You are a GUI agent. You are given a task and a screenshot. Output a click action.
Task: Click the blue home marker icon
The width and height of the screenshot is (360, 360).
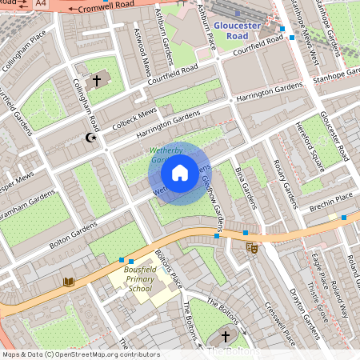pyautogui.click(x=180, y=172)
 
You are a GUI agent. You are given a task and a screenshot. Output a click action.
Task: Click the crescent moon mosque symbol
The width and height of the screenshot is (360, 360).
pyautogui.click(x=90, y=138)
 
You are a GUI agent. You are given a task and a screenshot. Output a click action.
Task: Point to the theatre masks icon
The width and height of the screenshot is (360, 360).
pyautogui.click(x=251, y=249)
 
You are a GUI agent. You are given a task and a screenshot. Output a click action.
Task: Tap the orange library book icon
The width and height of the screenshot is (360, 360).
pyautogui.click(x=68, y=282)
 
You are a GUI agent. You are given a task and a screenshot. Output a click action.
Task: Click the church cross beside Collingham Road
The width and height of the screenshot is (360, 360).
pyautogui.click(x=98, y=81)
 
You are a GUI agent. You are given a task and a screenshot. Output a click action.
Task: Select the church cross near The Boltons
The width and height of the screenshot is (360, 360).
pyautogui.click(x=225, y=337)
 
